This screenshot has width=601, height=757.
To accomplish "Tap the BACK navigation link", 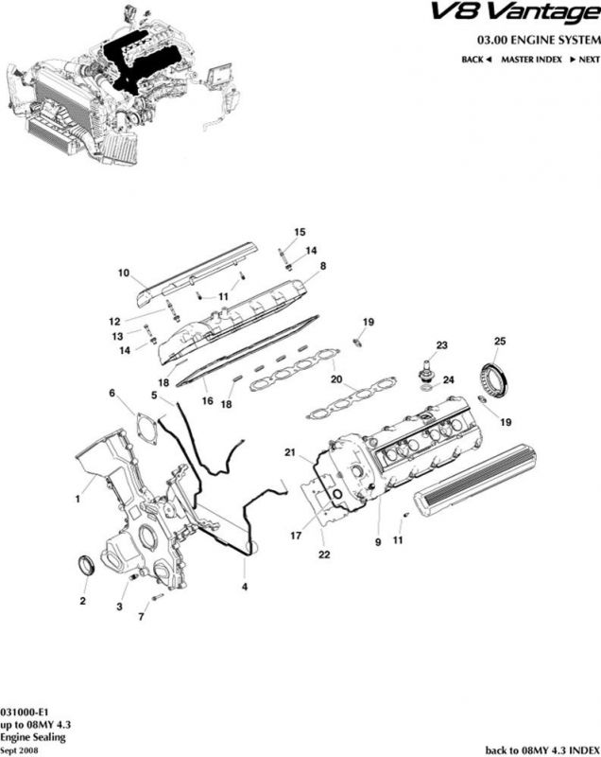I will pyautogui.click(x=473, y=60).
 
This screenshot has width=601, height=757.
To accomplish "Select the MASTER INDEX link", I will pyautogui.click(x=531, y=60).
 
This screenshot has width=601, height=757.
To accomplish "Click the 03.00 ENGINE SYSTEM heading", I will pyautogui.click(x=539, y=41).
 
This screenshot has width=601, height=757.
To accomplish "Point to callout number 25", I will pyautogui.click(x=501, y=342).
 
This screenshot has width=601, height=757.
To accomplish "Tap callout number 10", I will pyautogui.click(x=123, y=273).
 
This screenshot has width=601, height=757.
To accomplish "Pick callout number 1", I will pyautogui.click(x=77, y=492).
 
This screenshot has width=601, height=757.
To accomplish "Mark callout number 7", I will pyautogui.click(x=142, y=617).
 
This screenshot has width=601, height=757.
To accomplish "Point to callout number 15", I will pyautogui.click(x=300, y=232).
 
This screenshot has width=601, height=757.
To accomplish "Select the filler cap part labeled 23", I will pyautogui.click(x=428, y=367).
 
